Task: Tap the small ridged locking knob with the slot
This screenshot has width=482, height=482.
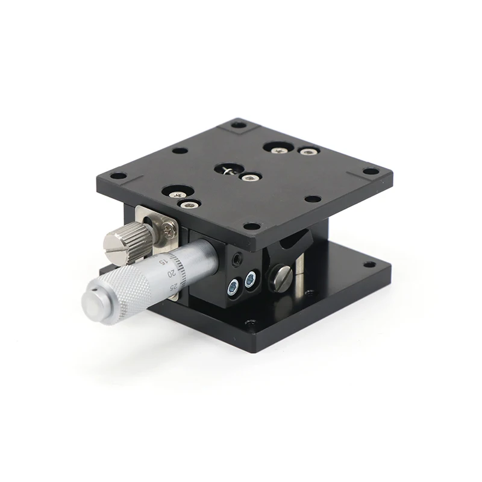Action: (x=127, y=243)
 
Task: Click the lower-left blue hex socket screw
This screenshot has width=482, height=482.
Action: (x=234, y=287)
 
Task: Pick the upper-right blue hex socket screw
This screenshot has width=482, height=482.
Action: (x=251, y=279)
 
